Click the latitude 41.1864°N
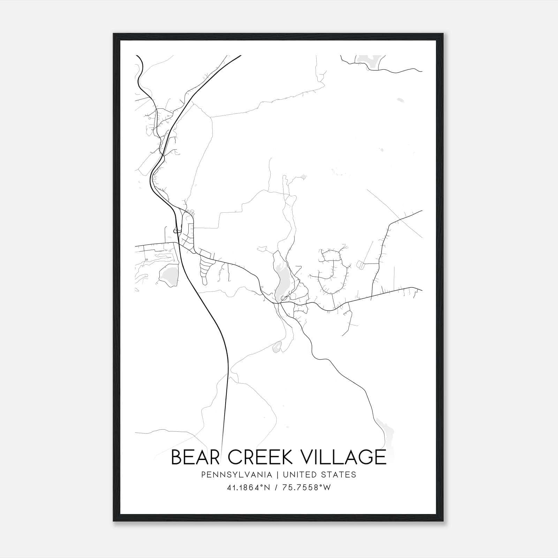coord(249,488)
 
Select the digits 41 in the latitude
coord(231,488)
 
